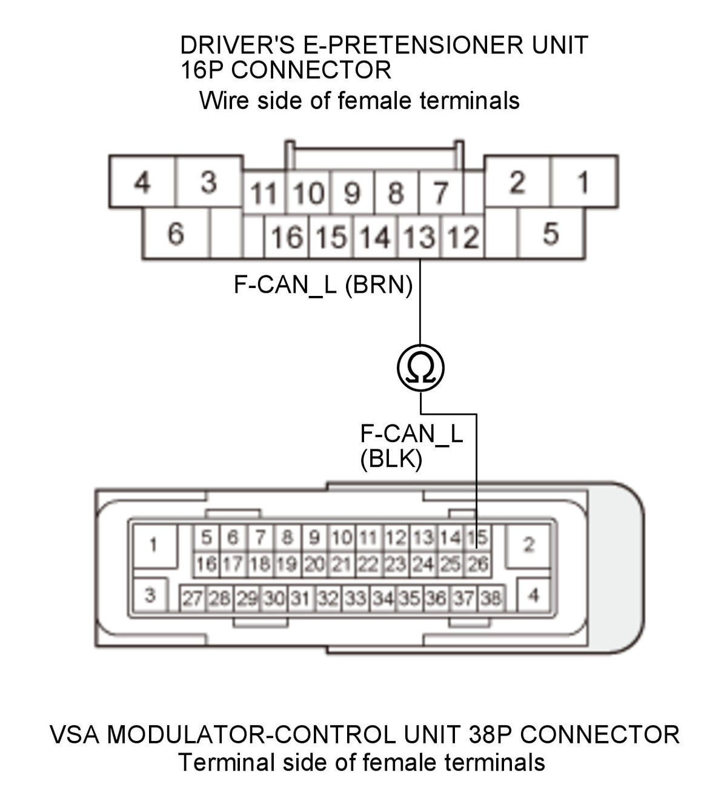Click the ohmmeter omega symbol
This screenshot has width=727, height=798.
click(420, 367)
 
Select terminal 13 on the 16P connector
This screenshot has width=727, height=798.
click(420, 237)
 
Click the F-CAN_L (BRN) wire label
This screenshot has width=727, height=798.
click(323, 285)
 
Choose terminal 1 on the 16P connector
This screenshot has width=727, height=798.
click(583, 182)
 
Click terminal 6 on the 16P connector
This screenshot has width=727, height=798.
click(176, 233)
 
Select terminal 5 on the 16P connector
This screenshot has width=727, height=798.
click(551, 233)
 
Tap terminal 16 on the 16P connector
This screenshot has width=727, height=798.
click(287, 237)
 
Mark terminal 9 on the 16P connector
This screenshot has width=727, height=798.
click(352, 193)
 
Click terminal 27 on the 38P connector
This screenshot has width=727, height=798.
click(193, 597)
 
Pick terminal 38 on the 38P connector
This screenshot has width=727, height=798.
click(491, 597)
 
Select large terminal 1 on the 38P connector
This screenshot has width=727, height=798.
click(154, 545)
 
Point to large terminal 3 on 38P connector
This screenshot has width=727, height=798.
click(150, 595)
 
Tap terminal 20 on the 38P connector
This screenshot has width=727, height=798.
click(314, 564)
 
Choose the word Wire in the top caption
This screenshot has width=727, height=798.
click(225, 100)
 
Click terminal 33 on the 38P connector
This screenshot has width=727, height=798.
click(356, 597)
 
